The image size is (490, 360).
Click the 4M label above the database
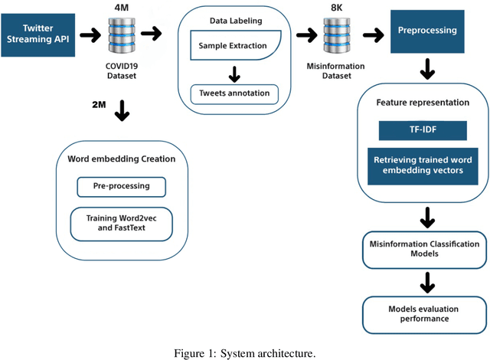click(121, 8)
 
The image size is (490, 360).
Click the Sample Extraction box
click(233, 47)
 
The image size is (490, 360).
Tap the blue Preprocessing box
click(426, 31)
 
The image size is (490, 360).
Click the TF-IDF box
click(422, 130)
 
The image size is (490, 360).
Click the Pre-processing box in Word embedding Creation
click(122, 186)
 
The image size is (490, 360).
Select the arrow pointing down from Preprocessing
click(426, 72)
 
